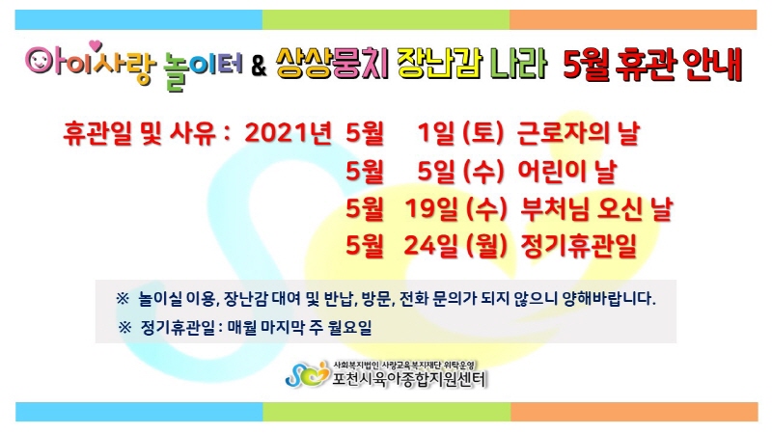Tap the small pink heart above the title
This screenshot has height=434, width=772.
[x=95, y=45]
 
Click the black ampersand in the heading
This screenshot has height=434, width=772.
[x=259, y=67]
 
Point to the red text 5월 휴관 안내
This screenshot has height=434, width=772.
[x=652, y=65]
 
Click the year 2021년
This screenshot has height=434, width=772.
[x=288, y=133]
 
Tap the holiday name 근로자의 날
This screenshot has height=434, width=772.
[x=578, y=133]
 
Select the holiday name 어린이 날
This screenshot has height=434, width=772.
[x=567, y=171]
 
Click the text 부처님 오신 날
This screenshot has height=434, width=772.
[x=596, y=208]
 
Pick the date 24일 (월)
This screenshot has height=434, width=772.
[x=455, y=246]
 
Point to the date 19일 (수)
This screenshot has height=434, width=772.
[x=455, y=208]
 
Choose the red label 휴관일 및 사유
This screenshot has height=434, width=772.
[x=140, y=133]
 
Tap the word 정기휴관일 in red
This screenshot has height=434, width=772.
[x=579, y=246]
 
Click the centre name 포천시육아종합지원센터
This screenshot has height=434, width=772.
[x=409, y=379]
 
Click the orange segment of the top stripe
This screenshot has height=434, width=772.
[x=633, y=19]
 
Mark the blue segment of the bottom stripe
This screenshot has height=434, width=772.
[x=139, y=412]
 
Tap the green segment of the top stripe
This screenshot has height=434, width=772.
[x=386, y=19]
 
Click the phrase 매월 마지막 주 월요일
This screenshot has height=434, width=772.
[x=299, y=327]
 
